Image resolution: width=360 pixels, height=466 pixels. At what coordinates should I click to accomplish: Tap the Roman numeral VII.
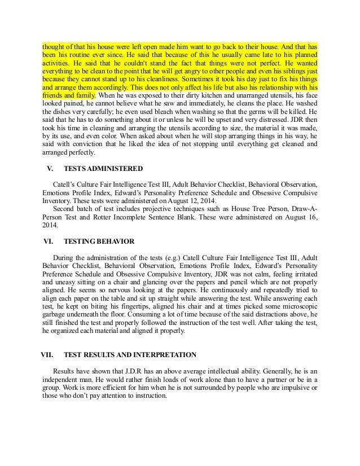click(51, 355)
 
